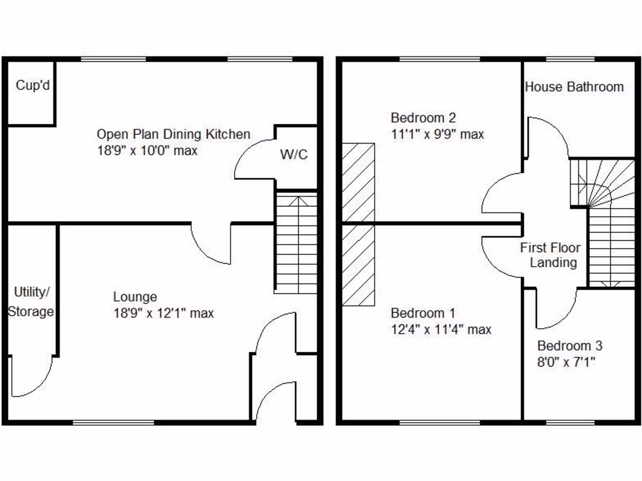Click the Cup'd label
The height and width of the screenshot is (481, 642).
point(33,86)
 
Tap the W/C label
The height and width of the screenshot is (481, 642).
point(293,155)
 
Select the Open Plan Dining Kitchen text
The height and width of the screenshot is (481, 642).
point(173,134)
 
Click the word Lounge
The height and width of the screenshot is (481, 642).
point(135,297)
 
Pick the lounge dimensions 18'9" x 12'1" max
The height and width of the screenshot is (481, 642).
point(163,313)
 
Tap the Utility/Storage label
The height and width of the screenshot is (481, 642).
point(31,302)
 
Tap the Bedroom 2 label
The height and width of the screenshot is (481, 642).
point(423,117)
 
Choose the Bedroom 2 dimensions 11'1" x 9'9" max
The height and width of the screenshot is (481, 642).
point(437,134)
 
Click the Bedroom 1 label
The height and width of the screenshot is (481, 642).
point(423,313)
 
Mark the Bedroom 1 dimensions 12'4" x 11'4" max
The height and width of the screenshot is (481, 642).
point(441,329)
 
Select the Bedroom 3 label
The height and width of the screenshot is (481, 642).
point(570,346)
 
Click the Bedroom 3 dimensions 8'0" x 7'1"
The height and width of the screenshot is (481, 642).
point(566,362)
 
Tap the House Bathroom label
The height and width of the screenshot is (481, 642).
point(574,87)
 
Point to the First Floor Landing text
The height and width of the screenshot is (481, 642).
point(550,255)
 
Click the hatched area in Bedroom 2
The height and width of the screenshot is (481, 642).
point(358,182)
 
